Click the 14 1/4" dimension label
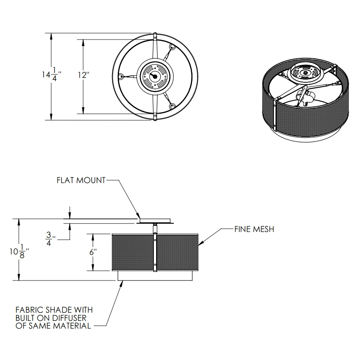51,75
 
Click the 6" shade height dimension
93,252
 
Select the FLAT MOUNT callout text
81,180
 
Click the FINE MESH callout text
254,229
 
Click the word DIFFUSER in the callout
75,318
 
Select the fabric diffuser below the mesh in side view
155,276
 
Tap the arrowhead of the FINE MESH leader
200,244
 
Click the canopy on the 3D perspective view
305,73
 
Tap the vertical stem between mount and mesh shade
155,228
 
